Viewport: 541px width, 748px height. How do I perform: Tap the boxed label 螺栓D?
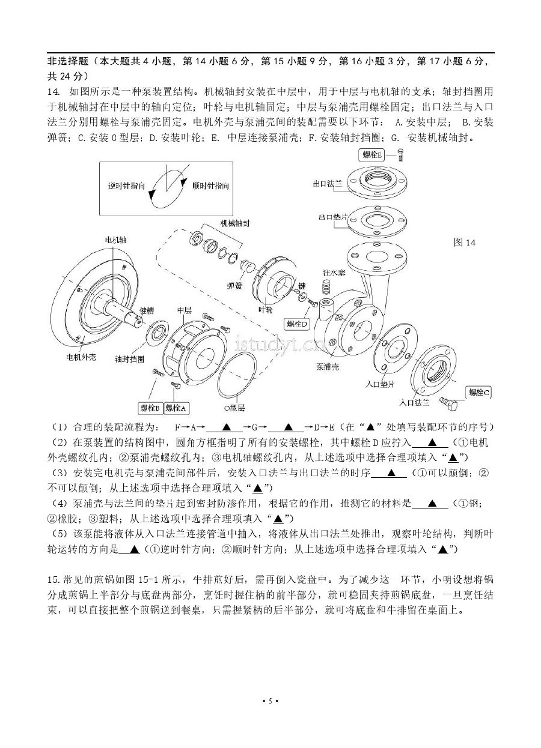[298, 324]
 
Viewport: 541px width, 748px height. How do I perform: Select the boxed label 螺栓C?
[479, 393]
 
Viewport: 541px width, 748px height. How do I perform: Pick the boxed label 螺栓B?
[150, 408]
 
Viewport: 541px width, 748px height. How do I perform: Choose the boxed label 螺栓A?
[176, 408]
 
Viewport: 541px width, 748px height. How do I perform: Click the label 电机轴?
[116, 240]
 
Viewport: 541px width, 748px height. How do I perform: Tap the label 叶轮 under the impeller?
[265, 310]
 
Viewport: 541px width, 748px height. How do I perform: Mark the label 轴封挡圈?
[129, 359]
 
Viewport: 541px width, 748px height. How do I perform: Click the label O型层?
[234, 408]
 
